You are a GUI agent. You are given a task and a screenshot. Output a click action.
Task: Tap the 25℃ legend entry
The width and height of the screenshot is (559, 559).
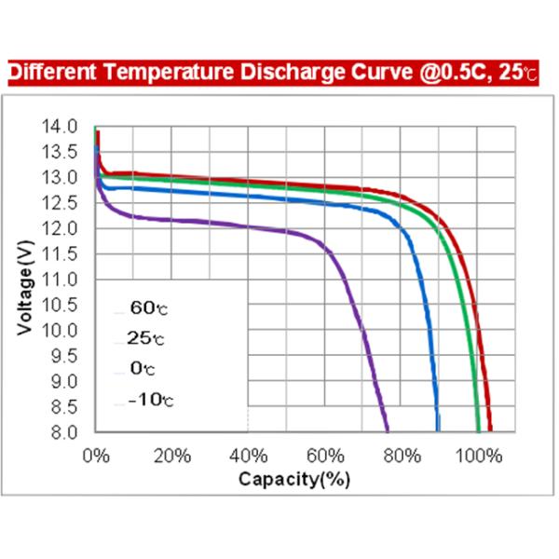(145, 338)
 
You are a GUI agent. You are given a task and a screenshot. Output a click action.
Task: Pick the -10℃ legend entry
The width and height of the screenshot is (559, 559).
(149, 401)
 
